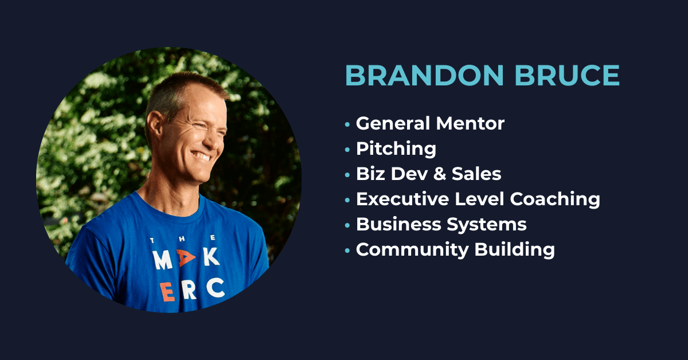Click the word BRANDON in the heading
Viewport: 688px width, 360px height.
pos(424,75)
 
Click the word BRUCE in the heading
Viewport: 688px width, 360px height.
pos(567,75)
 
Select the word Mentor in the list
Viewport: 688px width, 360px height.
pos(470,123)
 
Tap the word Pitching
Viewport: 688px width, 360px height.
pos(396,149)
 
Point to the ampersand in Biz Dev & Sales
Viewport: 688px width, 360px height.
pos(440,174)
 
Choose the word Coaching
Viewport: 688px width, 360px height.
pos(555,199)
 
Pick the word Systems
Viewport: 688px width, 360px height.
pos(487,225)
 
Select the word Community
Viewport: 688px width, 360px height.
pos(412,250)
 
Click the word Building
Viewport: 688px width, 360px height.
pos(515,250)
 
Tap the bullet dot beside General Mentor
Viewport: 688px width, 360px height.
pos(347,124)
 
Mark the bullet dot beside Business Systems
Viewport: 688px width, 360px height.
pos(347,225)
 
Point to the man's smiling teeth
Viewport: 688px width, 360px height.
pos(202,156)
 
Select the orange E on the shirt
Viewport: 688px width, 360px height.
pos(167,292)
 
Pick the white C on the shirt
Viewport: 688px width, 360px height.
pos(216,288)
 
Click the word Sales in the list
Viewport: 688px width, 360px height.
pos(476,174)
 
